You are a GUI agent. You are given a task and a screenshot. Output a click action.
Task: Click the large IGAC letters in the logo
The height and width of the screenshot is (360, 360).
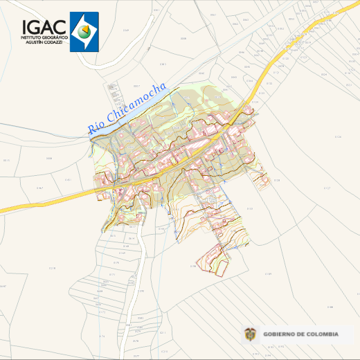tap(44, 26)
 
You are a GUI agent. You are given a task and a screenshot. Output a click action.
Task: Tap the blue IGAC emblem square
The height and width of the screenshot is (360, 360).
tap(84, 31)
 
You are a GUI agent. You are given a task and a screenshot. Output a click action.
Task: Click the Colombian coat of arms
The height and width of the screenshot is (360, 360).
tap(250, 334)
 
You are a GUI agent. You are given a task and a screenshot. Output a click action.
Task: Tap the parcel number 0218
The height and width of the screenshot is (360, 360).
tap(53, 267)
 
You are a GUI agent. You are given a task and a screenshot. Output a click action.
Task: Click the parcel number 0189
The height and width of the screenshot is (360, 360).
tap(269, 274)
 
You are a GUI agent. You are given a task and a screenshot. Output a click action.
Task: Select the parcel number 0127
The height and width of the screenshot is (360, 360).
tap(327, 188)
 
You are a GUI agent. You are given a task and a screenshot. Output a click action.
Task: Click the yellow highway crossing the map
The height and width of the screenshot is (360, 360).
tap(42, 201)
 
